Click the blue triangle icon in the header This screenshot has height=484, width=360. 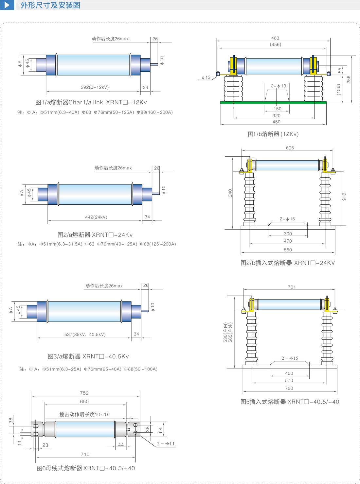[x=7, y=5]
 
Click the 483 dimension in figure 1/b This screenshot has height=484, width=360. [x=275, y=38]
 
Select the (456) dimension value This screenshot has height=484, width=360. [x=275, y=44]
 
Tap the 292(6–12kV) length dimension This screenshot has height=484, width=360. [x=95, y=87]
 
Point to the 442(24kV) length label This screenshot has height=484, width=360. [x=96, y=217]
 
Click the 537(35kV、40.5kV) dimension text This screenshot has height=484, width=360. [x=85, y=334]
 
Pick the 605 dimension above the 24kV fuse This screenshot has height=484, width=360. [x=290, y=148]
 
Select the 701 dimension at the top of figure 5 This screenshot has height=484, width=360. [x=292, y=287]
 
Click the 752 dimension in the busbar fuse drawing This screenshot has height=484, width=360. [x=84, y=393]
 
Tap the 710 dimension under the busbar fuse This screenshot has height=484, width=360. [x=85, y=454]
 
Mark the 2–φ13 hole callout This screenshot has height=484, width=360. [x=278, y=86]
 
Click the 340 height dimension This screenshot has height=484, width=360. [x=230, y=193]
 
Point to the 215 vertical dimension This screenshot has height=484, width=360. [x=344, y=197]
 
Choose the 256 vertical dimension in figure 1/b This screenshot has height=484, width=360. [x=349, y=79]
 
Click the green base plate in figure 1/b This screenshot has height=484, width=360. [x=273, y=103]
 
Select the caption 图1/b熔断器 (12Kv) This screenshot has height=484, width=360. [x=273, y=134]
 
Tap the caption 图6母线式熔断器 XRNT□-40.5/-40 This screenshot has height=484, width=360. [x=86, y=468]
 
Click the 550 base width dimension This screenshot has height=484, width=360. [x=288, y=250]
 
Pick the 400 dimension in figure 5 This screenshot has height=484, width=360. [x=289, y=373]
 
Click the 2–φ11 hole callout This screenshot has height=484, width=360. [x=166, y=444]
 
